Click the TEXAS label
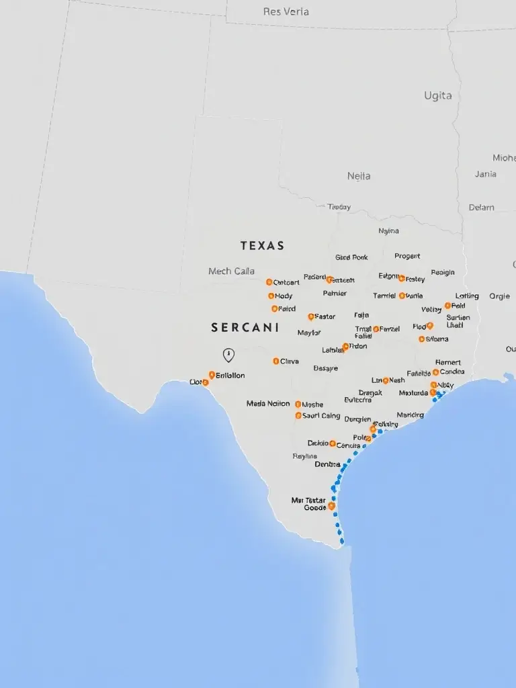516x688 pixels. pos(262,246)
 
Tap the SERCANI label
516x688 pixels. pos(245,328)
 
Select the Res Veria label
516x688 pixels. pos(287,11)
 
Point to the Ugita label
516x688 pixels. pos(438,95)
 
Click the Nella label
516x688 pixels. pos(359,176)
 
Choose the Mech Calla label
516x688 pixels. pos(231,271)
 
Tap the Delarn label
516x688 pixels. pos(481,208)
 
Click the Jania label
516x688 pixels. pos(485,174)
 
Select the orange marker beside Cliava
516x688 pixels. pos(275,361)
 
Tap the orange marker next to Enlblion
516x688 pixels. pos(212,375)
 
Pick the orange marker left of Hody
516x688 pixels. pos(271,296)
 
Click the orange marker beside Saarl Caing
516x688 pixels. pos(298,416)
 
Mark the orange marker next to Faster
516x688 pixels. pos(310,316)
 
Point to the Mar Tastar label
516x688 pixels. pos(308,501)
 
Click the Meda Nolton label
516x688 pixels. pos(268,404)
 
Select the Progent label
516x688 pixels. pos(407,256)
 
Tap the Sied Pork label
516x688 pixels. pos(351,257)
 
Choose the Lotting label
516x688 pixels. pos(467,296)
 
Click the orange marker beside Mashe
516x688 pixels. pos(298,404)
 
